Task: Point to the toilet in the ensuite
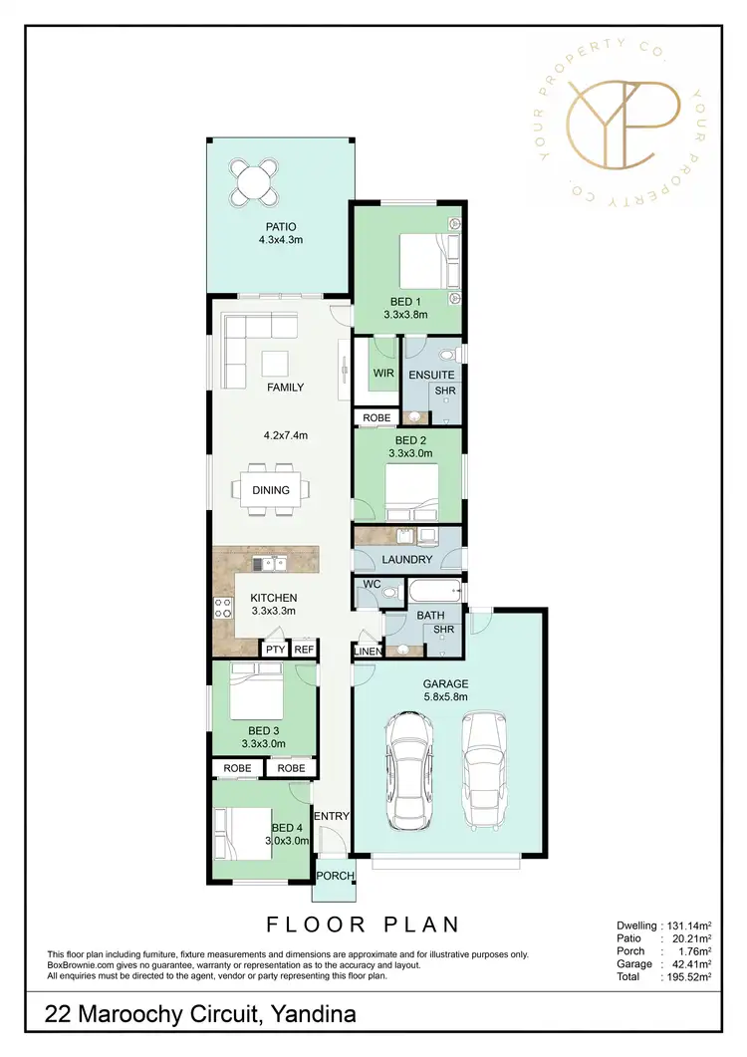click(444, 354)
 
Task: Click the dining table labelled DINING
click(271, 489)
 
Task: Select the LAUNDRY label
click(406, 560)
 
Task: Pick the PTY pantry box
click(274, 650)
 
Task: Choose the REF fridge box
click(304, 650)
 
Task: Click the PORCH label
click(334, 877)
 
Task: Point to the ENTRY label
click(332, 817)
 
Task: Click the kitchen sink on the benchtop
click(267, 565)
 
